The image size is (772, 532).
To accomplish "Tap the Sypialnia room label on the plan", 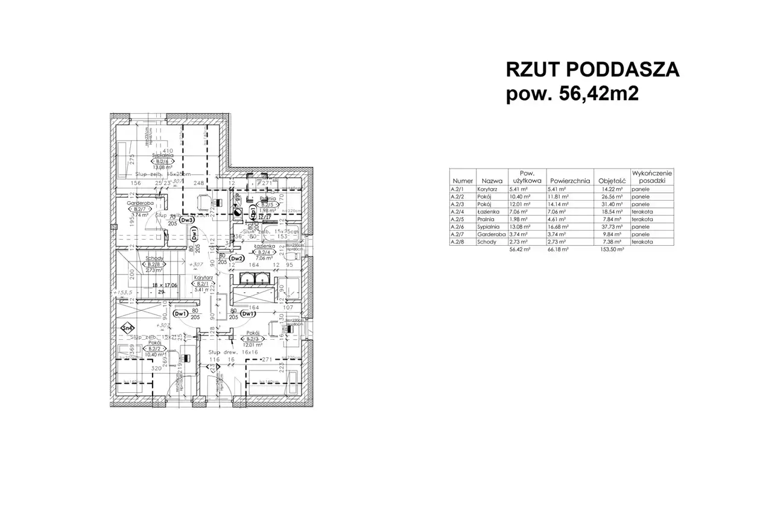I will tap(162, 155).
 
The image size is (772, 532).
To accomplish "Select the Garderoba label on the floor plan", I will tap(138, 203).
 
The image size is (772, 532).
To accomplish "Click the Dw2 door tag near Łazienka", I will tap(236, 258).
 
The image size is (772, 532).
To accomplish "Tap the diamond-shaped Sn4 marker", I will tap(127, 328).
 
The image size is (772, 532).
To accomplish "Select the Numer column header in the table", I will tap(462, 180).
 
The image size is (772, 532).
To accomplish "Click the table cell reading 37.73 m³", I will tap(610, 228).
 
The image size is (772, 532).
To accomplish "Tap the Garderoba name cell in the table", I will tap(490, 235).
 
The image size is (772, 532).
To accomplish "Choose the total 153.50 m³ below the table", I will tap(610, 248).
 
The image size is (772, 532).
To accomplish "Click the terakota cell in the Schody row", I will tap(642, 242).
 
